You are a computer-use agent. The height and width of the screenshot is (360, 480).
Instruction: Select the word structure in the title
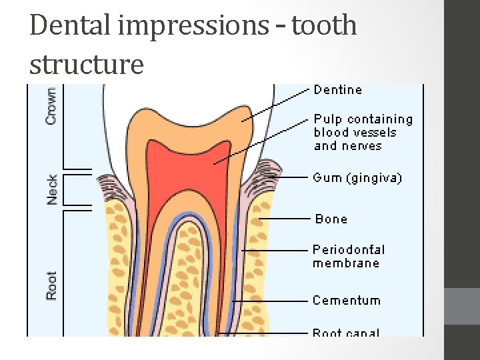(87, 65)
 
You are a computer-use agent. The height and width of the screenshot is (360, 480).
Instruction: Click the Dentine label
(338, 89)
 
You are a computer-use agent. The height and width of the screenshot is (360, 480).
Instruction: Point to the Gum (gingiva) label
(357, 178)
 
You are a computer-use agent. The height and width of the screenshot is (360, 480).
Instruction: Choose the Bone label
(331, 219)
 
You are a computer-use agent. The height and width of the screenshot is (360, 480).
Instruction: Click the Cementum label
(347, 300)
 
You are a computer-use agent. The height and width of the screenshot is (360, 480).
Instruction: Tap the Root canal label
(346, 332)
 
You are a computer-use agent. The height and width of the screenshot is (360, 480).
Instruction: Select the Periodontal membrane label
(349, 256)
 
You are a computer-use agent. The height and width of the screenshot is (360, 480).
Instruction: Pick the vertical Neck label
(52, 189)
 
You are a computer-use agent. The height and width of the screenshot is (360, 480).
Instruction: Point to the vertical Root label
(52, 285)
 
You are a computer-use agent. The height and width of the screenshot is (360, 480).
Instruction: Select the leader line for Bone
(287, 218)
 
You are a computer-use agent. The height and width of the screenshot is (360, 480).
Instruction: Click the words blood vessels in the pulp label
(355, 132)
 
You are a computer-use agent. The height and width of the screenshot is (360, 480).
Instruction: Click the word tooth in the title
(325, 27)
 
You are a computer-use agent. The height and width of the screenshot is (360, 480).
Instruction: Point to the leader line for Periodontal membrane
(277, 250)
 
